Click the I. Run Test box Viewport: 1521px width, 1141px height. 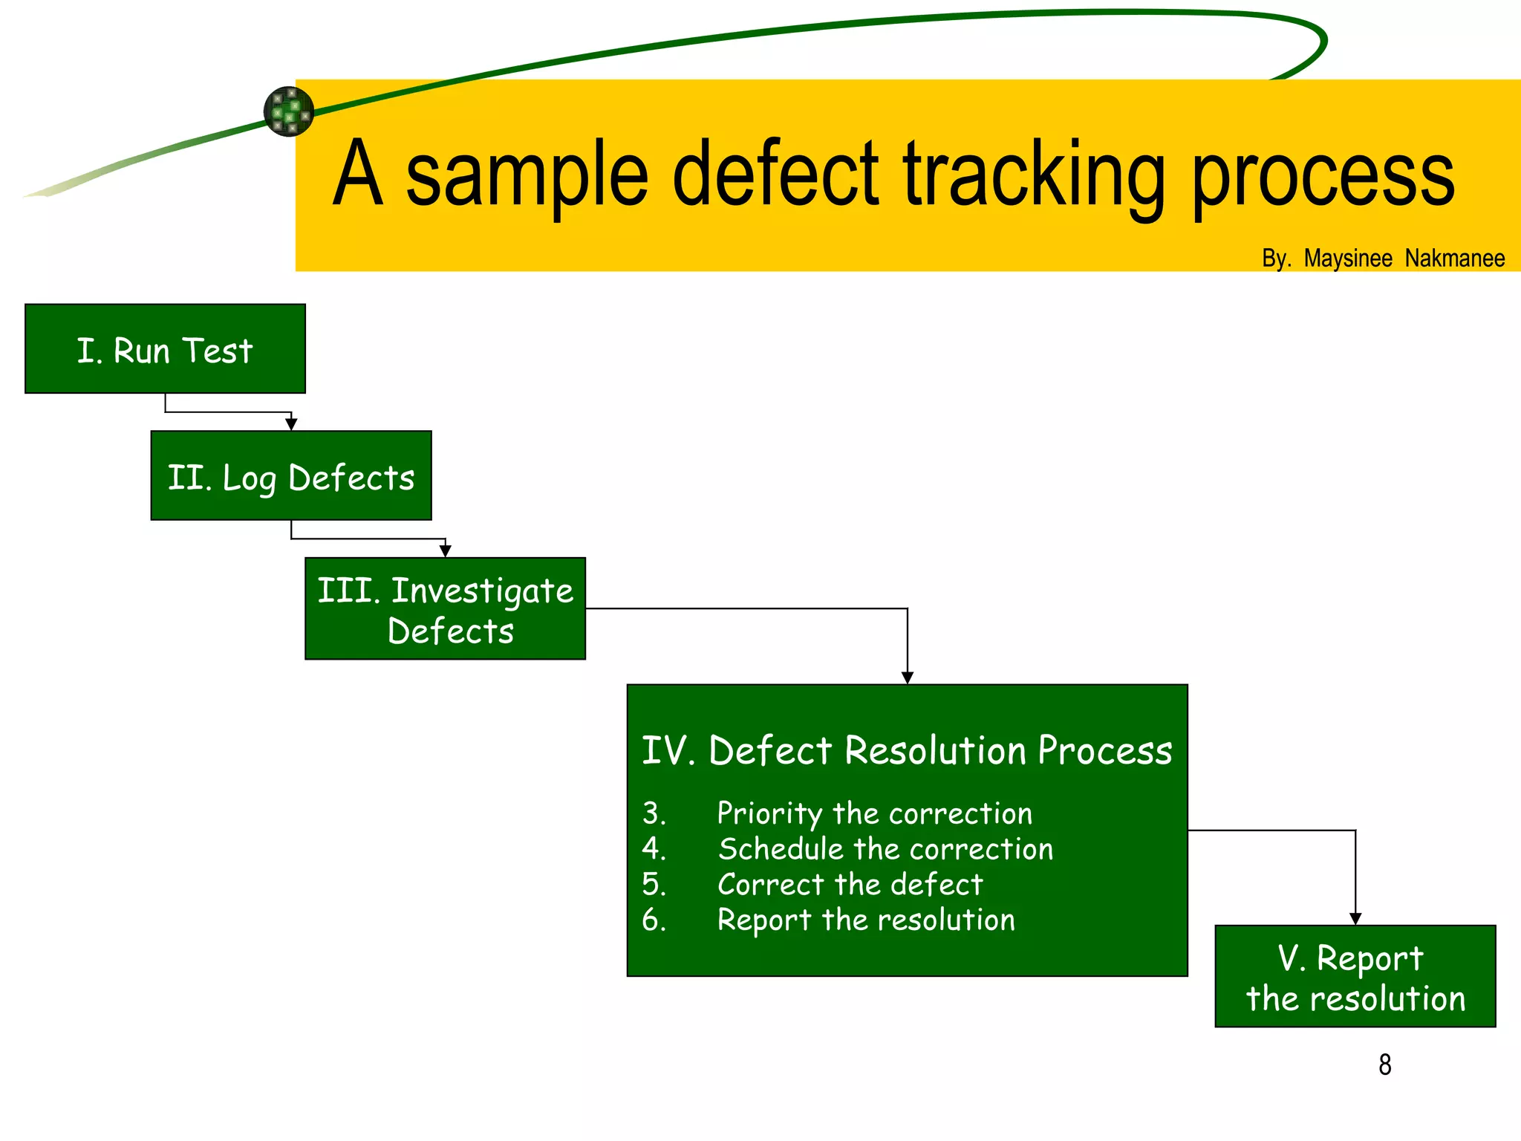coord(165,349)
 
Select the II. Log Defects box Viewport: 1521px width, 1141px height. coord(290,476)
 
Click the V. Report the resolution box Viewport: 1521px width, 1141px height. coord(1355,976)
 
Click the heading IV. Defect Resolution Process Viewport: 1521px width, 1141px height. coord(906,750)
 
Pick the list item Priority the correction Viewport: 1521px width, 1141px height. coord(874,813)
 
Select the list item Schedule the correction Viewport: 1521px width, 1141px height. coord(885,849)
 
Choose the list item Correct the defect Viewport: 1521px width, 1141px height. coord(850,885)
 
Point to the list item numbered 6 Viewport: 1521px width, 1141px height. coord(865,920)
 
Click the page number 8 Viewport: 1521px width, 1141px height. coord(1384,1064)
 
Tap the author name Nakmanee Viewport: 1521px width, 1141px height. coord(1454,259)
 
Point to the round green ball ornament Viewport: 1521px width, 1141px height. coord(289,111)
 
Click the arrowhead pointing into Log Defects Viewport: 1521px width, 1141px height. coord(291,423)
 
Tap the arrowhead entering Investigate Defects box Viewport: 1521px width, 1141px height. coord(445,550)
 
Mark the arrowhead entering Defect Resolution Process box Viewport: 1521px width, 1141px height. coord(907,677)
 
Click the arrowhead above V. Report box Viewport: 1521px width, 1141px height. coord(1355,918)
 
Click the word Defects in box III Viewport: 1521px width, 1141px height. coord(450,631)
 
